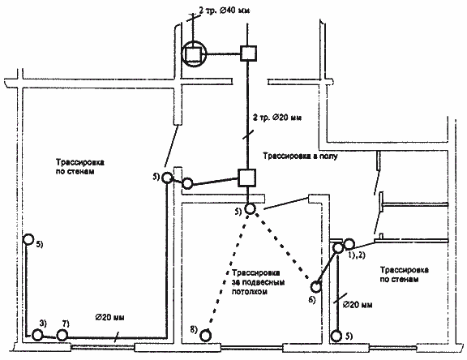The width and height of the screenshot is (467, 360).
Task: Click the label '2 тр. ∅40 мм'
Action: click(x=225, y=11)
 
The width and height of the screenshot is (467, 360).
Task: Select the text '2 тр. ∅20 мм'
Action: click(x=277, y=118)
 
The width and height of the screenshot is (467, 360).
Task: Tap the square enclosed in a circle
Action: click(x=194, y=54)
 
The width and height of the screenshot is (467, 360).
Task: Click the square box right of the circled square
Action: click(x=248, y=54)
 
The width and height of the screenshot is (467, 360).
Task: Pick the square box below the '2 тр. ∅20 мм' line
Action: click(x=246, y=178)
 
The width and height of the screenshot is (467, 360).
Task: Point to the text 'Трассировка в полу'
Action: click(x=300, y=156)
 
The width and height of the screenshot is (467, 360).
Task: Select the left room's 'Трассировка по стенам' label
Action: click(x=79, y=167)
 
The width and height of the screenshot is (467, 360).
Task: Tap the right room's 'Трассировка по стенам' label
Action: click(x=404, y=275)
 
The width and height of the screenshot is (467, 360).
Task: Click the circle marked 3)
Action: click(x=37, y=335)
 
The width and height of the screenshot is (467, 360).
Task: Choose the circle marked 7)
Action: click(x=62, y=336)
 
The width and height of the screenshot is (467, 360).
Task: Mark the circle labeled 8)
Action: click(x=205, y=336)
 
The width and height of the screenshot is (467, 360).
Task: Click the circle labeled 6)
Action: click(x=315, y=287)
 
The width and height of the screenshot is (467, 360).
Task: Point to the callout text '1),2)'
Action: click(x=357, y=255)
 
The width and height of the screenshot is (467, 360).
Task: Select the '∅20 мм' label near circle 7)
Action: click(x=109, y=317)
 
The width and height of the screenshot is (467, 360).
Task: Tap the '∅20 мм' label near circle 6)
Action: click(x=358, y=305)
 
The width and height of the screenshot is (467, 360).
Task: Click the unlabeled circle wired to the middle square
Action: click(x=187, y=183)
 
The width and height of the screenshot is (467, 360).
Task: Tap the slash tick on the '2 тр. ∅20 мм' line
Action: click(x=248, y=134)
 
